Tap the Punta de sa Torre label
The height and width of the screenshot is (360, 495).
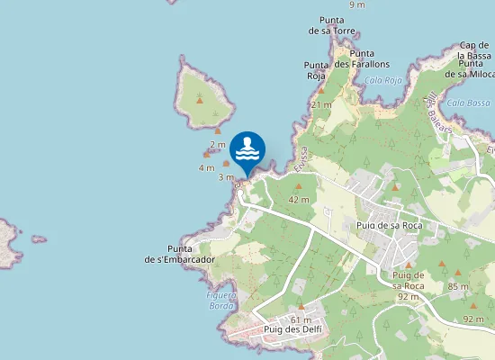pos(332,25)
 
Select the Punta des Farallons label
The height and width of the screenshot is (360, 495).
pos(361,58)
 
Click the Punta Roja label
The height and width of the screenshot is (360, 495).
pos(315,70)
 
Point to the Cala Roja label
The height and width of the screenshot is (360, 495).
pos(382,79)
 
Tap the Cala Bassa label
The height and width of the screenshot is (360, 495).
pos(468,103)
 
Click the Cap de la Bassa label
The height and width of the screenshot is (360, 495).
pos(474,50)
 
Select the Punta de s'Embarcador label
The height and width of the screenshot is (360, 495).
pos(180,254)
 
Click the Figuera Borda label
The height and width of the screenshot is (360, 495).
pos(220,300)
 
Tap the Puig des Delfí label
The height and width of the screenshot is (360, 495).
pos(292,329)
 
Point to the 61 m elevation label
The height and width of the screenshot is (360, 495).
pos(301,319)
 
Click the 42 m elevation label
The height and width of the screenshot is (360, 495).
pos(299,199)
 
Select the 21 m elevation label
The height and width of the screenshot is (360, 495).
pos(321,104)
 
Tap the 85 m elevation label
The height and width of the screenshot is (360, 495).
pos(458,286)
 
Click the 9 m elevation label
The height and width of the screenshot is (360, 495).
pos(357,4)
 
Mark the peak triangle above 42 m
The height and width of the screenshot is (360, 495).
pos(299,187)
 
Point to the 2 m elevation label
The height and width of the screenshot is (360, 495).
pos(218,144)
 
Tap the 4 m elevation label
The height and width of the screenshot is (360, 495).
pos(206,167)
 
